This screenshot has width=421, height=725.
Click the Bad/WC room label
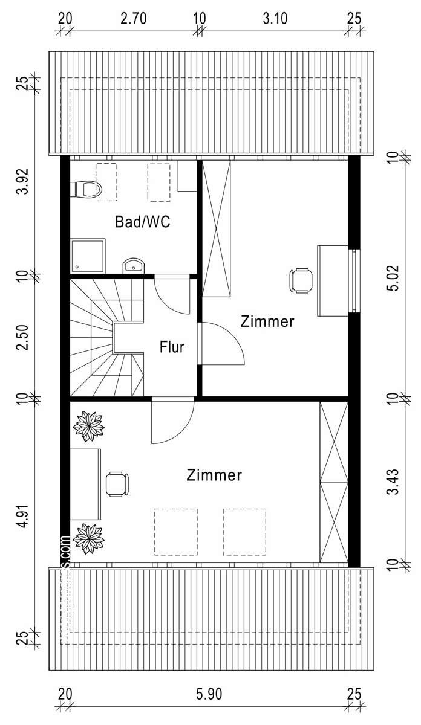coord(143,222)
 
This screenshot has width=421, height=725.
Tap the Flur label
coord(172,347)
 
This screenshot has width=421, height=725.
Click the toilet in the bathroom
coord(86,190)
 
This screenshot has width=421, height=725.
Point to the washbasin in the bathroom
coord(133,265)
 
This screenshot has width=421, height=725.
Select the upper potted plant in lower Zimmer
coord(89,427)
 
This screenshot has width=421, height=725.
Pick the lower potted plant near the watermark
coord(89,538)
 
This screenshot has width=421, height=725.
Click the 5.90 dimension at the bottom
coord(209,694)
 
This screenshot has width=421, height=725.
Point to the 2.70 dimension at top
coord(133,19)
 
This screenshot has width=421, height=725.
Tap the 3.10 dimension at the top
coord(275,19)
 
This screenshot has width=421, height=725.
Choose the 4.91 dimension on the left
coord(23,514)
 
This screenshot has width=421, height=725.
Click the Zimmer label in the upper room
coord(267,321)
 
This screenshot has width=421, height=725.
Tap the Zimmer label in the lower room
coord(214,475)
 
